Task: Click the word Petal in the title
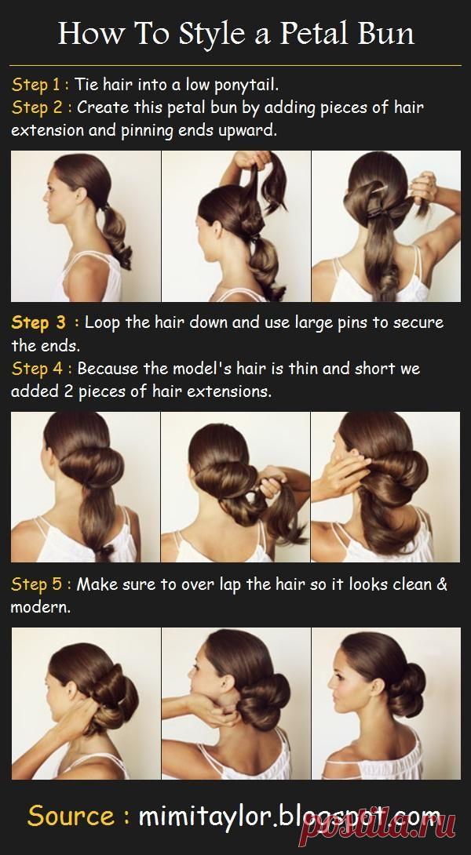tap(313, 33)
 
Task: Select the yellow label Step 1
tap(37, 85)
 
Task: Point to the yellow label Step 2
tap(38, 107)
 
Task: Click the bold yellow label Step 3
tap(38, 322)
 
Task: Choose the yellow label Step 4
tap(38, 369)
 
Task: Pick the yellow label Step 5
tap(37, 584)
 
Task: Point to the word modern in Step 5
tap(40, 607)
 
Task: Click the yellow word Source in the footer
tap(71, 816)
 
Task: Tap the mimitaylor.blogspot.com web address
tap(289, 817)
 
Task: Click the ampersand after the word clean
tap(441, 584)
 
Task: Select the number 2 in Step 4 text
tap(68, 391)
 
